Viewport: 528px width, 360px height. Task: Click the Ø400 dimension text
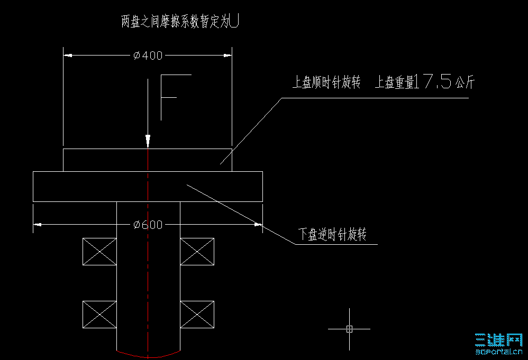(148, 55)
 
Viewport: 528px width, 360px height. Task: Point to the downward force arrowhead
(148, 142)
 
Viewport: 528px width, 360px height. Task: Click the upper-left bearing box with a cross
(99, 251)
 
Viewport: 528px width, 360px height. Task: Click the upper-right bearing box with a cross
(197, 251)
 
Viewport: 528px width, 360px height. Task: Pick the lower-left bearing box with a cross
(99, 315)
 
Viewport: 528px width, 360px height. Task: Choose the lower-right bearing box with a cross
(197, 315)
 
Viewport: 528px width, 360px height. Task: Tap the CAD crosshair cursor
(349, 328)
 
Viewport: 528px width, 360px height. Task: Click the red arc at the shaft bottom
(149, 354)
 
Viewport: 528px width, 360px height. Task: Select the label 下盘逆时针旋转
(333, 235)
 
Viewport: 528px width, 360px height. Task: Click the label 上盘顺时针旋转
(326, 83)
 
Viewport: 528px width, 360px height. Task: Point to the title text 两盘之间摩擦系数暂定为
(176, 22)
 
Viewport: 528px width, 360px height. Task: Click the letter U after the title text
(236, 21)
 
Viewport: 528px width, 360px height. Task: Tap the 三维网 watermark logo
(498, 343)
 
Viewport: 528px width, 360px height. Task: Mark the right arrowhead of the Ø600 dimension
(259, 225)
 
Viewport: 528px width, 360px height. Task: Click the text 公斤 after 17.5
(464, 83)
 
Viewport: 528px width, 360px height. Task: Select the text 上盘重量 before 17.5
(395, 83)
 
